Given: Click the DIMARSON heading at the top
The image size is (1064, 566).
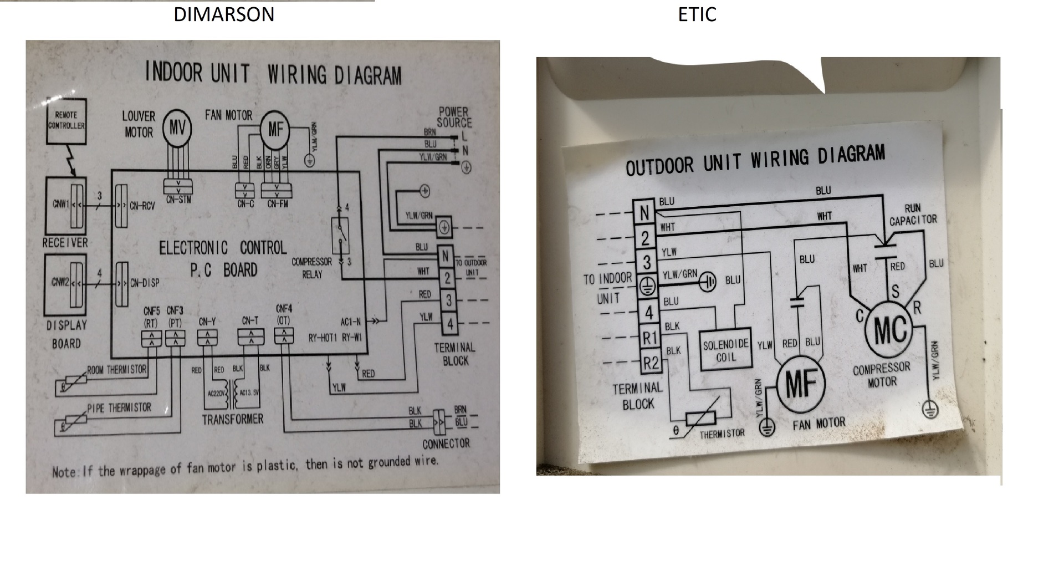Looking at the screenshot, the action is [x=224, y=14].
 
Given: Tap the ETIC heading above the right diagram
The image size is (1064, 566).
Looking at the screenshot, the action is [x=697, y=14].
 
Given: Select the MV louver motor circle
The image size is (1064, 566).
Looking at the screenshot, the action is [x=177, y=129].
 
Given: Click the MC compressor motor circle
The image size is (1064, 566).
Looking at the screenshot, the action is [x=890, y=329].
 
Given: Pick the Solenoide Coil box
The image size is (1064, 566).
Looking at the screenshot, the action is [x=725, y=351].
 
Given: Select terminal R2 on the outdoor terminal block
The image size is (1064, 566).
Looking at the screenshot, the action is [x=651, y=363].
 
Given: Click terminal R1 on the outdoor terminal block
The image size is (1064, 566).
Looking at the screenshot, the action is [x=649, y=338].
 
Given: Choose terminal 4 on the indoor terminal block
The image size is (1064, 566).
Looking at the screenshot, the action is [x=449, y=324].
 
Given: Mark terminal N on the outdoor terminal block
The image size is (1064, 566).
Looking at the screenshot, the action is [x=644, y=213].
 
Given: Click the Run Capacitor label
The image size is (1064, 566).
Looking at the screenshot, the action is [x=913, y=215].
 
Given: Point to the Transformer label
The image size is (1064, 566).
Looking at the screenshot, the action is [x=232, y=419].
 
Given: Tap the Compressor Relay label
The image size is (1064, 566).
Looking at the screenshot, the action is [x=312, y=268].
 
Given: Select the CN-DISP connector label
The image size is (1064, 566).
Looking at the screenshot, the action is [x=144, y=283].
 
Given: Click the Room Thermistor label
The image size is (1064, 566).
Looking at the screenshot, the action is [x=117, y=369].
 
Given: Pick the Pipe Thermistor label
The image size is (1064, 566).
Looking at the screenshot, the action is [x=119, y=408].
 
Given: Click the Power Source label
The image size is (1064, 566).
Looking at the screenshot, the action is [x=454, y=118].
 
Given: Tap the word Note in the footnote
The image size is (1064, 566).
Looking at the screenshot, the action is [x=63, y=472].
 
